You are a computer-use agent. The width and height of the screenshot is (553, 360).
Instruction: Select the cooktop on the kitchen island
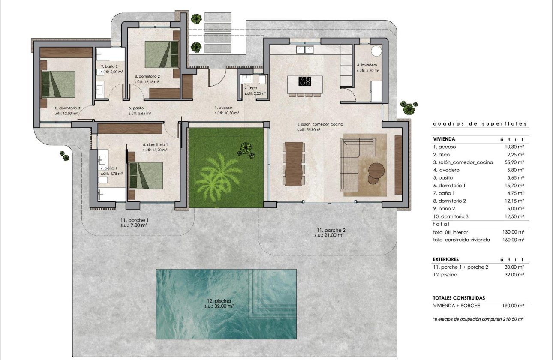click(305, 81)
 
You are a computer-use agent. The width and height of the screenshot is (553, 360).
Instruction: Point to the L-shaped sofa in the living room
click(356, 163)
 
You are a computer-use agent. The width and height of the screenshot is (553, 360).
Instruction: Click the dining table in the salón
click(293, 164)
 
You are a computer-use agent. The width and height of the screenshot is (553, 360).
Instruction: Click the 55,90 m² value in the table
click(514, 162)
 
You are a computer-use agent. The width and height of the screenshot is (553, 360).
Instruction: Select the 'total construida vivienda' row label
click(461, 240)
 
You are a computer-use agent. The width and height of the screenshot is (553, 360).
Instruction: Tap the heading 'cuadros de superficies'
click(480, 124)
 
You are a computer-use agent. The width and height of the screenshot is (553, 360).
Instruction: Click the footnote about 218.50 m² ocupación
click(478, 319)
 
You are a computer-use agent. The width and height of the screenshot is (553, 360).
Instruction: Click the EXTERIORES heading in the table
click(446, 259)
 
